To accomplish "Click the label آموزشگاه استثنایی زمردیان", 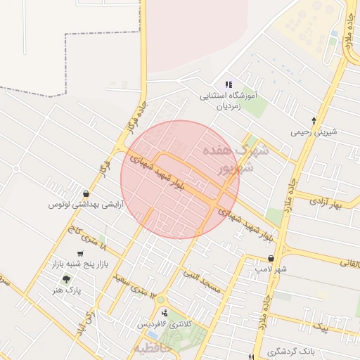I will coord(231,100).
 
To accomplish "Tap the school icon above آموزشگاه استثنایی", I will coord(228,84).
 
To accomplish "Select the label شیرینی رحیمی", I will coord(314,131).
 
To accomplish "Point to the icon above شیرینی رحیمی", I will coord(314,120).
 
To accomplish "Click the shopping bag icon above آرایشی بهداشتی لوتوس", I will coord(85,193).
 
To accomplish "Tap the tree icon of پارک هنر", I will coord(66,279).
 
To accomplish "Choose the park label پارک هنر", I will coord(68,290).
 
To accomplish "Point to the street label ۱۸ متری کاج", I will coord(86,239).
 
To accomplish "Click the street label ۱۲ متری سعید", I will coord(131,283).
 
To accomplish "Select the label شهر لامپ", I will coord(271,269).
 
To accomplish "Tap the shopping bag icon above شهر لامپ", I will coord(271,259).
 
